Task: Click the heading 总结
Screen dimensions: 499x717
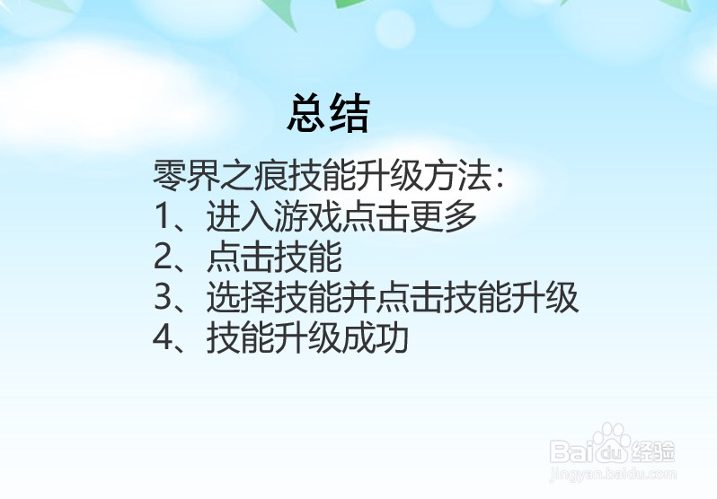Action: click(328, 115)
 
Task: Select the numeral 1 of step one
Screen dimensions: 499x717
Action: click(162, 217)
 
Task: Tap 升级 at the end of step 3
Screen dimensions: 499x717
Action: click(551, 298)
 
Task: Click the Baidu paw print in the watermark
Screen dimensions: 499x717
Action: click(612, 442)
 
